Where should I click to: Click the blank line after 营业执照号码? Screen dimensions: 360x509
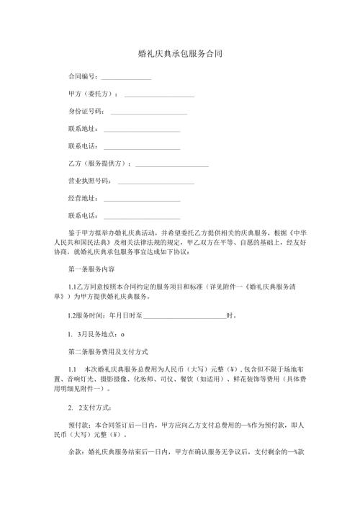[156, 183]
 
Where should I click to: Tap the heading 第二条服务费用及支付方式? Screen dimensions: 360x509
[107, 351]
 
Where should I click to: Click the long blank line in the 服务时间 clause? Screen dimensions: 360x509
[184, 317]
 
